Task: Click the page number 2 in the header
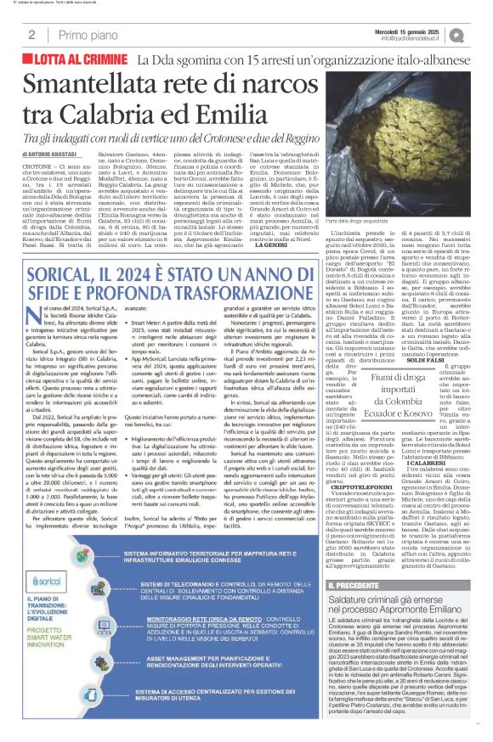pos(31,35)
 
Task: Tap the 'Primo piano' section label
pos(87,35)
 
